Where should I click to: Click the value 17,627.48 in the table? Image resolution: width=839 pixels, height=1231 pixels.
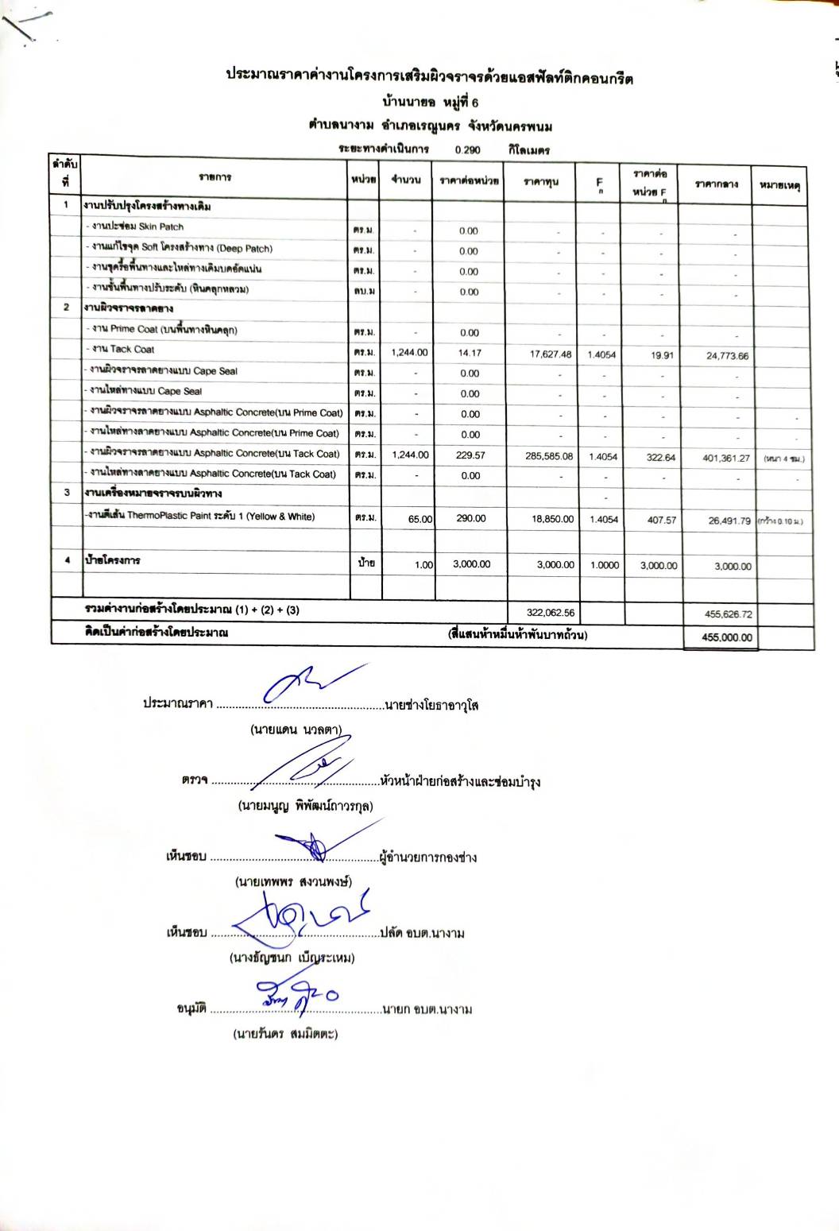[x=551, y=354]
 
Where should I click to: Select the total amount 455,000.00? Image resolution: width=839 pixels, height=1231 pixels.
[x=727, y=637]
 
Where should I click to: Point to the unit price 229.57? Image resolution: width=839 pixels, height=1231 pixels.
[x=470, y=455]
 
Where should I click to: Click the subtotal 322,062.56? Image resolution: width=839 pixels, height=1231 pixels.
[x=551, y=613]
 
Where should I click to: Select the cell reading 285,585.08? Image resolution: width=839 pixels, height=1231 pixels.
[x=551, y=457]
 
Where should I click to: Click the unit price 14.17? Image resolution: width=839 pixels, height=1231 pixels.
[x=470, y=353]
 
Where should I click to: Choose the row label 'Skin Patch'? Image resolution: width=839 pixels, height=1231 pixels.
[x=160, y=226]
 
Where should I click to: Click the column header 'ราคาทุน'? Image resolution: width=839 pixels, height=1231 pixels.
[x=541, y=182]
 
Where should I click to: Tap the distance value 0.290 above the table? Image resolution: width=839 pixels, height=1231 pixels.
[x=467, y=149]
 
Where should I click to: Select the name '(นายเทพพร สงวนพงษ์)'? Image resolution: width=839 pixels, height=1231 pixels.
[x=293, y=882]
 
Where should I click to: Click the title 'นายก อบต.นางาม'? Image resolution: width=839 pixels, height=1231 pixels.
[x=427, y=1010]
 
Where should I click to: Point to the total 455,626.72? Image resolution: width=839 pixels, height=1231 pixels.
[x=729, y=614]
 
